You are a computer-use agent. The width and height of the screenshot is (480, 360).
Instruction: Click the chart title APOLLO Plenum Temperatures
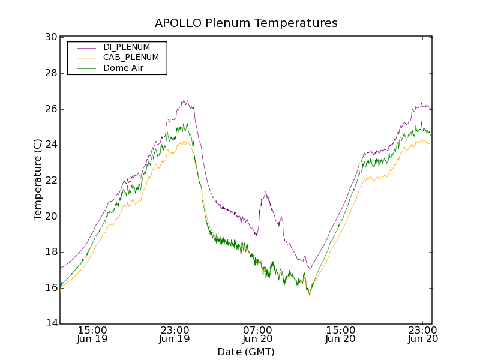tap(246, 23)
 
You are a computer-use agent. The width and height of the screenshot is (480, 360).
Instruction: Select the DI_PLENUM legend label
tap(127, 47)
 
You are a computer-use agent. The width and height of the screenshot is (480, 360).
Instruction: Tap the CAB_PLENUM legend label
tap(131, 58)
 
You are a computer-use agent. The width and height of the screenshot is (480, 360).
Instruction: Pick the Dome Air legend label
tap(123, 68)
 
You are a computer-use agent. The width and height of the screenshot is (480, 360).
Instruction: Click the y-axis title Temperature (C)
tap(38, 179)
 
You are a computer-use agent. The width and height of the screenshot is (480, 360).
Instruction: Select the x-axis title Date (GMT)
tap(246, 352)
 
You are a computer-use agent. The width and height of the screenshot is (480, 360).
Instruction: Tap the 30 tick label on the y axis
tap(51, 37)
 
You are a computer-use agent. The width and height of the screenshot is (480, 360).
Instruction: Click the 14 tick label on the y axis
tap(51, 324)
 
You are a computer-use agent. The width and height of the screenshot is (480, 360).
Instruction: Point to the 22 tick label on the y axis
tap(51, 181)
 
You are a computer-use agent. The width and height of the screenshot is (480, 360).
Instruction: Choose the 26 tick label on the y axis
tap(51, 109)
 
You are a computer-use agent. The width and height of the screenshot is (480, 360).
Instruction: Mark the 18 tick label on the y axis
tap(51, 252)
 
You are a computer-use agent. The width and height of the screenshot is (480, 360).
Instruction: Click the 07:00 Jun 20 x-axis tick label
tap(257, 334)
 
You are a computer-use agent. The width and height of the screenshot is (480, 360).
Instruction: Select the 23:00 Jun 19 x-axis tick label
tap(175, 334)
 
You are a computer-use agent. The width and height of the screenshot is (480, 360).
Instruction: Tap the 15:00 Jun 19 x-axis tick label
tap(92, 334)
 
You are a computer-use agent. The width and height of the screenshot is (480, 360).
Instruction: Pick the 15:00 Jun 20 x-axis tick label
tap(340, 334)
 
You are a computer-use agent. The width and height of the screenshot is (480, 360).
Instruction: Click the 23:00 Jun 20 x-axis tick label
tap(423, 334)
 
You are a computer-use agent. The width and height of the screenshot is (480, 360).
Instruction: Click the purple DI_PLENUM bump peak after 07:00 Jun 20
tap(265, 191)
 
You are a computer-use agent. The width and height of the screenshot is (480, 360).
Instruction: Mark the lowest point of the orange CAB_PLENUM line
tap(310, 296)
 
